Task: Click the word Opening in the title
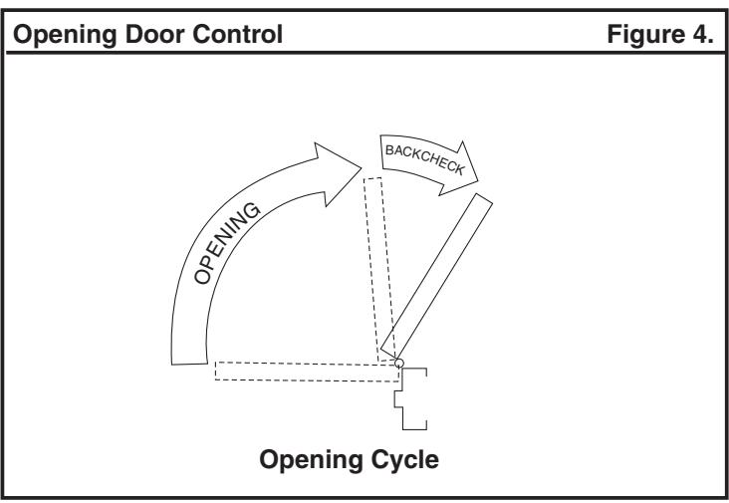[65, 35]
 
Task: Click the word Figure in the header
[645, 35]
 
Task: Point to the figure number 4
[702, 34]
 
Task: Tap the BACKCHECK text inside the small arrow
[425, 159]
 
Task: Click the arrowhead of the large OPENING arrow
[339, 173]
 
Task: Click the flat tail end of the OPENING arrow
[189, 364]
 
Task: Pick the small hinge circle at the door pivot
[399, 364]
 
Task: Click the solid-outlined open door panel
[436, 276]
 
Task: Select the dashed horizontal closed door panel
[308, 372]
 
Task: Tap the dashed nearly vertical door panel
[380, 269]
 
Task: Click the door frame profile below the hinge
[410, 398]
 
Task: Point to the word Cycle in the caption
[405, 460]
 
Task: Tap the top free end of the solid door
[484, 198]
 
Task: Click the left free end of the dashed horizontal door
[216, 371]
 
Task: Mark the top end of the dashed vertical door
[372, 178]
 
